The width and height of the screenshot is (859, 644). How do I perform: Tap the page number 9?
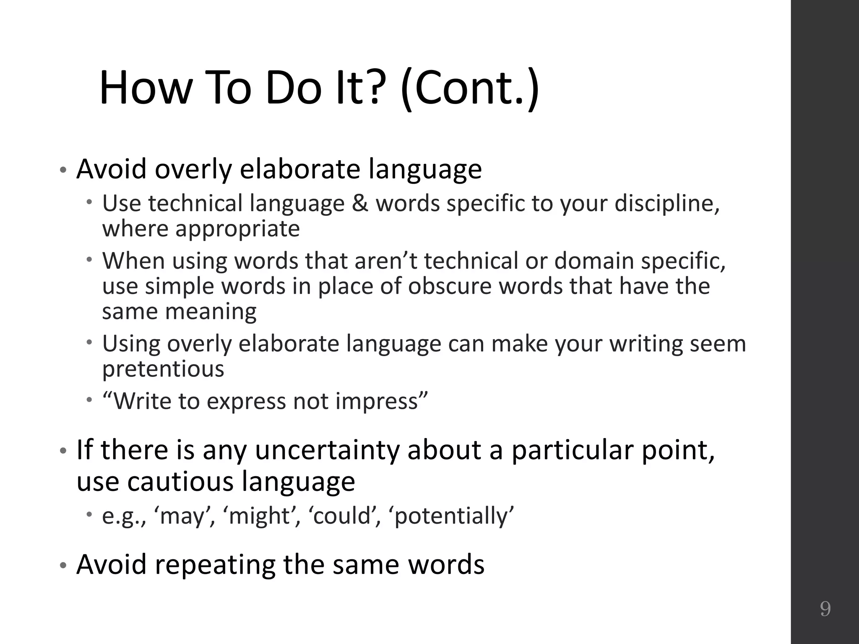tap(825, 609)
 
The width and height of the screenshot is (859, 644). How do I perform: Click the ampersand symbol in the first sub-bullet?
tap(359, 203)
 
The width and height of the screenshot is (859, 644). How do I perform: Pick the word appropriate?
tap(237, 229)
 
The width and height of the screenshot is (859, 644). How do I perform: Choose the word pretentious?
tap(163, 369)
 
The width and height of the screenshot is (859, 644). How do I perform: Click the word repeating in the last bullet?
tap(215, 565)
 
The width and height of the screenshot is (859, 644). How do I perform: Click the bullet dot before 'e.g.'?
tap(89, 514)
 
